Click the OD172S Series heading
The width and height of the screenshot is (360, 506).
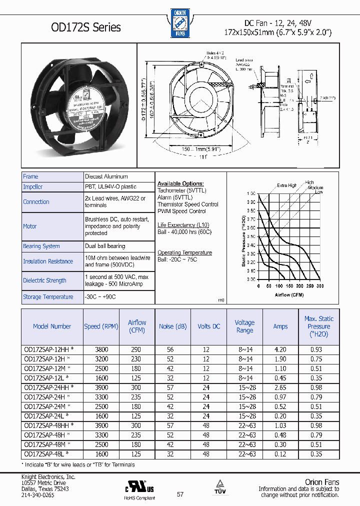72,27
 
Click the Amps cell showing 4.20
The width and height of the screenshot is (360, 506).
280,350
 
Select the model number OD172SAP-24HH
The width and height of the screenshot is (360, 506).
49,387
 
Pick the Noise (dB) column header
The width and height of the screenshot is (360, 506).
172,326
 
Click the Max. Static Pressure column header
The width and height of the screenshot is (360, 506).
318,326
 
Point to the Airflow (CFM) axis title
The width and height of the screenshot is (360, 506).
288,295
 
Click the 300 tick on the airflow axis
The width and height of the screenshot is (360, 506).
319,286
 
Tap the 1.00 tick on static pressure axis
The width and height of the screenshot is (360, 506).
251,193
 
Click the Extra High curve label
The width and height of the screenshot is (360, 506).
287,185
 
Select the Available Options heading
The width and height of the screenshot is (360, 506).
180,183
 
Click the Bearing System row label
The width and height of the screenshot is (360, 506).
41,246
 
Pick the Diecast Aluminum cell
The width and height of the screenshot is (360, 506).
106,176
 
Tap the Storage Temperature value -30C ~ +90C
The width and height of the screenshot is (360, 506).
100,296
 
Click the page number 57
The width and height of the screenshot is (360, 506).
180,494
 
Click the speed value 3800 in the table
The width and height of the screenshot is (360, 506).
101,350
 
